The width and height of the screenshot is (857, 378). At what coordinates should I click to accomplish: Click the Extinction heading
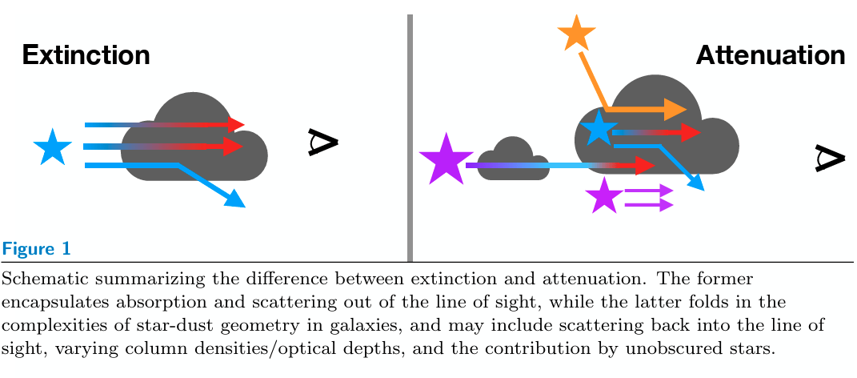point(86,55)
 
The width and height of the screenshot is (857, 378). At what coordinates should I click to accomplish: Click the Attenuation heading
point(770,55)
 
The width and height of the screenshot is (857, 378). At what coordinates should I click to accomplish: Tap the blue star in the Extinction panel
point(53,149)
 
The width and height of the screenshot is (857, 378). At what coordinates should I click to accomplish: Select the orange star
point(576,34)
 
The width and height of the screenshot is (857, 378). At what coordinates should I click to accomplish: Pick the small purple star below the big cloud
point(604,196)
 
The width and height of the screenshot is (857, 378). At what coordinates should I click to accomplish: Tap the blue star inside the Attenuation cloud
point(599,129)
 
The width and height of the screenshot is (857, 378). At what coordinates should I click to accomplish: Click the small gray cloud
point(512,161)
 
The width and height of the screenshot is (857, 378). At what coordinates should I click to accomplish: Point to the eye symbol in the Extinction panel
point(324,142)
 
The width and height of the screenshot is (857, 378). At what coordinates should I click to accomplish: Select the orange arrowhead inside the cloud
point(675,109)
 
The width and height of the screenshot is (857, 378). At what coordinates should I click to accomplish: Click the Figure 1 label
point(37,249)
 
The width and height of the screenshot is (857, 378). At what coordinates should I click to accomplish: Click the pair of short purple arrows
point(648,198)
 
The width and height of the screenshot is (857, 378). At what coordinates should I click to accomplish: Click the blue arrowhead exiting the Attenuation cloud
point(696,183)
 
